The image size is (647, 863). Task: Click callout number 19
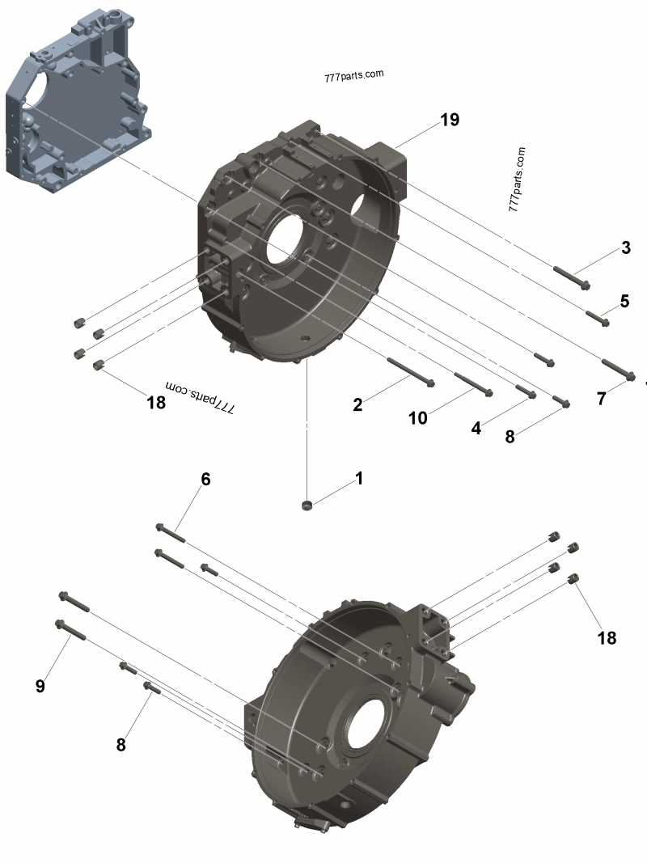(450, 120)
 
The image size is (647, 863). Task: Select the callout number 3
(625, 247)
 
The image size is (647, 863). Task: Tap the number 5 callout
(624, 301)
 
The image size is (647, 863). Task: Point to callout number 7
(601, 399)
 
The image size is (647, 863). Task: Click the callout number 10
(417, 417)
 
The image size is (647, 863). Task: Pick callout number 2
(357, 404)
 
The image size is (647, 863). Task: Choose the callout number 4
(476, 428)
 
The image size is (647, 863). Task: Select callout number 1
(358, 478)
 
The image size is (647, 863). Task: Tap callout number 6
(205, 479)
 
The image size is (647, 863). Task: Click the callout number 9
(40, 686)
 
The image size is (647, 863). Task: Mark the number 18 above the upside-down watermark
(155, 402)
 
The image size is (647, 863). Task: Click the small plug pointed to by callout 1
(306, 506)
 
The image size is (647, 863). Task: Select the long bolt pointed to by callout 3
(572, 277)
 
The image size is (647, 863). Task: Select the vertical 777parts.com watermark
(517, 180)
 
